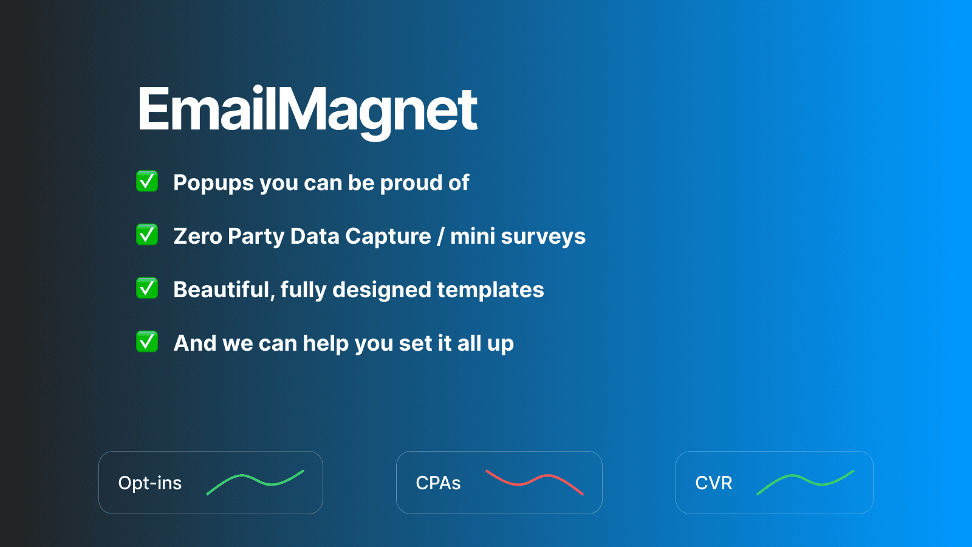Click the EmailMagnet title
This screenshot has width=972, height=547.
[307, 109]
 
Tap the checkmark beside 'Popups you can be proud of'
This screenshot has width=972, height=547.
[147, 181]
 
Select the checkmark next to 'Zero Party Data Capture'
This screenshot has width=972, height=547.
[147, 235]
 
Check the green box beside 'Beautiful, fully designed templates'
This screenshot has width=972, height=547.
[147, 288]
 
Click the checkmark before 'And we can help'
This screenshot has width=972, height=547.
[147, 342]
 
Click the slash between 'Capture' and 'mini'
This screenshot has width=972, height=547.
[440, 236]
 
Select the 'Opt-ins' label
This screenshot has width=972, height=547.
[150, 483]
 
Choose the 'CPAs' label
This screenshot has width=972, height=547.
[438, 483]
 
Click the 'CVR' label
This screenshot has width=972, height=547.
[714, 483]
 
